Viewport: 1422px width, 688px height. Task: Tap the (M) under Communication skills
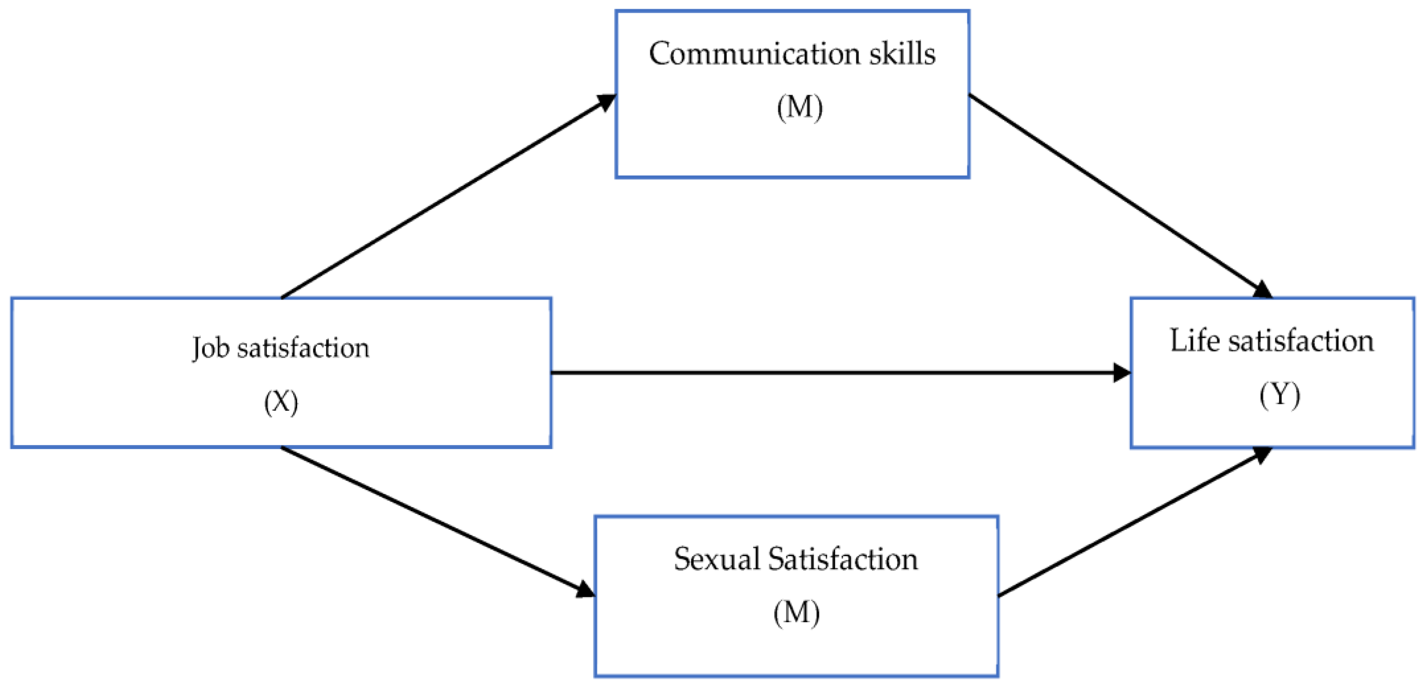click(x=799, y=108)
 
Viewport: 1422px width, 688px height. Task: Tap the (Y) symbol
click(x=1279, y=395)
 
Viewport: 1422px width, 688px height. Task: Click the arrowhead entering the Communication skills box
click(x=607, y=102)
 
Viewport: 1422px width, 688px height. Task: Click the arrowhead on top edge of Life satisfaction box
click(x=1263, y=291)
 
